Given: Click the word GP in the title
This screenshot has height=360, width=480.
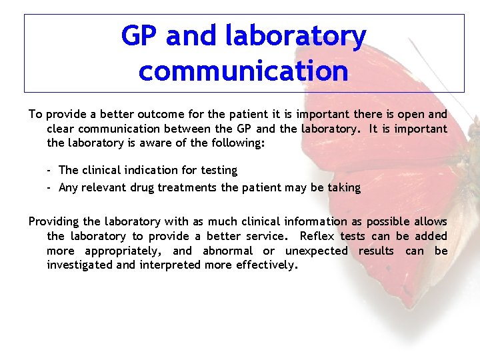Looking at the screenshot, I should pos(140,36).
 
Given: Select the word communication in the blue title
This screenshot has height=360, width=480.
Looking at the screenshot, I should pos(243,71).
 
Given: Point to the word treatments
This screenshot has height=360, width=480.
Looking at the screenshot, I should pos(187,188).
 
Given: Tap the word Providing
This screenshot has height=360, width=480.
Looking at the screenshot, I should pos(54,221).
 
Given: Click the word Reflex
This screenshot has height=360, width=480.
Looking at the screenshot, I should pos(317,236).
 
